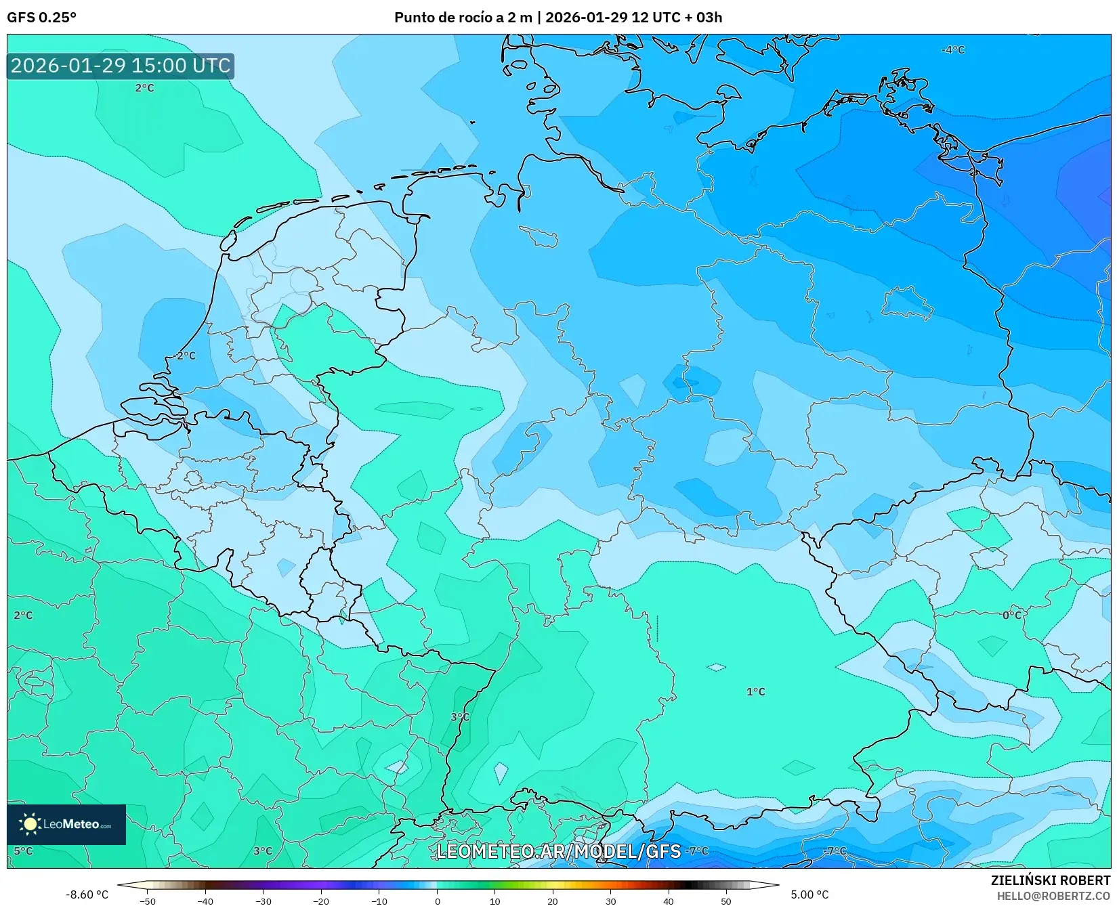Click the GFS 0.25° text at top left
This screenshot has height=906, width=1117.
(41, 18)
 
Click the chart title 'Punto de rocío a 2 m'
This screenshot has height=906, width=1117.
(463, 18)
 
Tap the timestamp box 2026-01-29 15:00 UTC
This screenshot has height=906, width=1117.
(121, 66)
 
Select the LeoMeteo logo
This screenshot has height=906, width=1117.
(66, 824)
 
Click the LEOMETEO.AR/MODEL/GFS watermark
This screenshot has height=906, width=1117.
(558, 851)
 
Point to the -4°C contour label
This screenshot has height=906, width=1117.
(953, 50)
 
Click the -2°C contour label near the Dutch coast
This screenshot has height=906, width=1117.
(184, 355)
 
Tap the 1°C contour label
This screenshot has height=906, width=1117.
(755, 691)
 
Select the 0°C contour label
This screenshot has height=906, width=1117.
(1011, 615)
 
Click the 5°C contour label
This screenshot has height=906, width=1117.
(23, 850)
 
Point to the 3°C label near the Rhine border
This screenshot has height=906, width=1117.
(460, 716)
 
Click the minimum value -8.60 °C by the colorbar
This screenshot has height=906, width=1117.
(87, 894)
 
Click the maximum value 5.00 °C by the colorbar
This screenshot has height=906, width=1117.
(809, 894)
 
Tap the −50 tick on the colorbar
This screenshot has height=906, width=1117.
(147, 901)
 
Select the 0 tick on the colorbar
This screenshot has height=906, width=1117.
(437, 901)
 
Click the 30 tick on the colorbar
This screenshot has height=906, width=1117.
(610, 901)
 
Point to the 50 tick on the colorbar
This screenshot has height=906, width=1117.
(726, 901)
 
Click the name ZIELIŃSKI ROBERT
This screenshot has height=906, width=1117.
(1051, 880)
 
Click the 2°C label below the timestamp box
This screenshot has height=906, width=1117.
(144, 88)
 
